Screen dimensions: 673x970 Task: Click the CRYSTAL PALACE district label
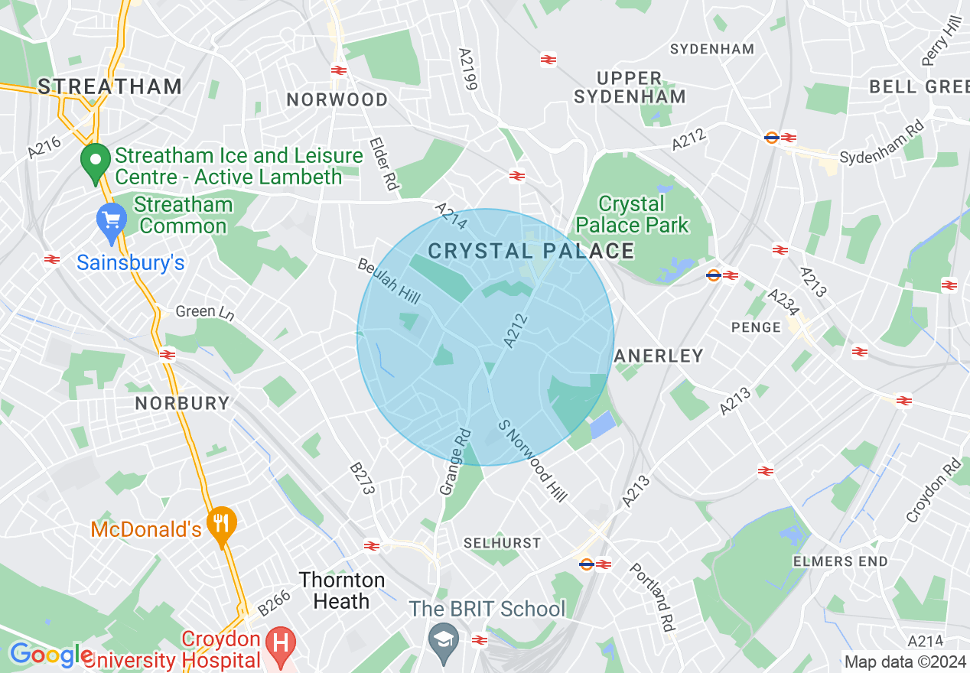coord(531,251)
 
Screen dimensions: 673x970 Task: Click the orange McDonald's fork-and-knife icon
coord(222,525)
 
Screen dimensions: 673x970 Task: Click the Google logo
coord(50,655)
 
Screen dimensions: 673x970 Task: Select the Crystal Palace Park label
coord(632,215)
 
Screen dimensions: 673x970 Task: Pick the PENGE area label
coord(756,327)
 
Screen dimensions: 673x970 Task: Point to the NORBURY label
coord(182,403)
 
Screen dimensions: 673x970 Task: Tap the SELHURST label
coord(502,543)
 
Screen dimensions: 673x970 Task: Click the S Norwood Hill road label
coord(532,460)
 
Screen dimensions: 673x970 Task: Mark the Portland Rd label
coord(653,597)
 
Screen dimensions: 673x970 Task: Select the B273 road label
coord(362,478)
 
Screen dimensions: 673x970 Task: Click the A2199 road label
coord(467,70)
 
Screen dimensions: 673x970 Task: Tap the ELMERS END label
coord(840,561)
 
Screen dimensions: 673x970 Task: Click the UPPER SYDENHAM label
coord(630,87)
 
